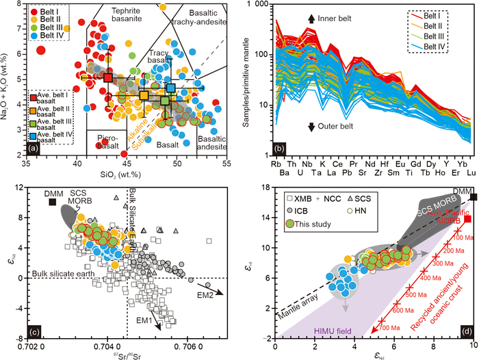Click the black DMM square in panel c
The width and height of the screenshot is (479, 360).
tap(51, 202)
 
